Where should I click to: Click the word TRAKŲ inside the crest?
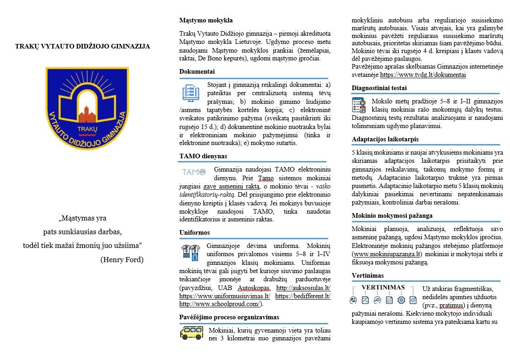click(x=86, y=129)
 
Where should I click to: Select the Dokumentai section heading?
click(x=197, y=72)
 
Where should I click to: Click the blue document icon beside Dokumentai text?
click(x=191, y=93)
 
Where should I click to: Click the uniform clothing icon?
click(x=190, y=253)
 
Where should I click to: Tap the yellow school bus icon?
click(x=191, y=333)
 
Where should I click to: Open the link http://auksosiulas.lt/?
click(x=303, y=288)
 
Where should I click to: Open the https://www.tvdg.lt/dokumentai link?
click(x=423, y=75)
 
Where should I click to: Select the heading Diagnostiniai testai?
click(x=379, y=88)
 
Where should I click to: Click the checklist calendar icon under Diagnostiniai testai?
click(x=359, y=105)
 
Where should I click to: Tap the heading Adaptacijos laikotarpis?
click(x=385, y=140)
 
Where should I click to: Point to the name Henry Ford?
click(x=122, y=260)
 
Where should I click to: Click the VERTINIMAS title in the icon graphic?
click(x=383, y=287)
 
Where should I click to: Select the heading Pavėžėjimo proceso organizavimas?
click(x=229, y=317)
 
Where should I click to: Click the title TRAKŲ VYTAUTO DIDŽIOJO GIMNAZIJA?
click(x=82, y=46)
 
